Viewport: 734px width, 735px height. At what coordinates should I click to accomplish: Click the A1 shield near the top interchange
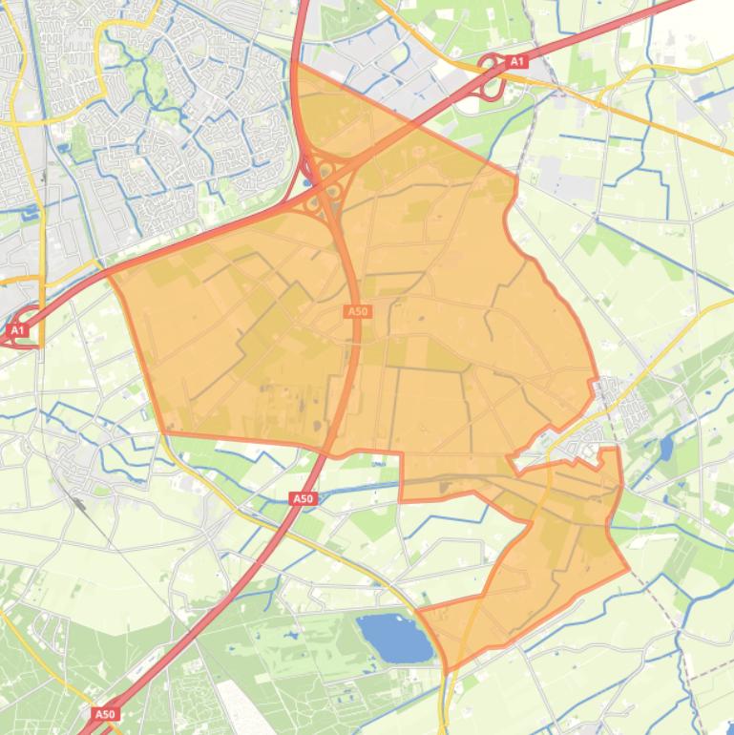click(516, 62)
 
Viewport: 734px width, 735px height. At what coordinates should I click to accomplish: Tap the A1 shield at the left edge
click(16, 330)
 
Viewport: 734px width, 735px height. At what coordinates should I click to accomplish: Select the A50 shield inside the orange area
click(357, 311)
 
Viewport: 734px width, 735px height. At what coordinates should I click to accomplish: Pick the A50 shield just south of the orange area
click(303, 498)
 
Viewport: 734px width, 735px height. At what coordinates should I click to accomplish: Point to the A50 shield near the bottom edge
click(105, 713)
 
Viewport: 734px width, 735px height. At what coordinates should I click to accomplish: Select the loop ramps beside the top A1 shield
click(493, 76)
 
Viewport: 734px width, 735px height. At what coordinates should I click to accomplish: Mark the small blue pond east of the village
click(665, 447)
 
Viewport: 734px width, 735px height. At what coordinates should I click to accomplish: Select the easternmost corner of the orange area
click(629, 570)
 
